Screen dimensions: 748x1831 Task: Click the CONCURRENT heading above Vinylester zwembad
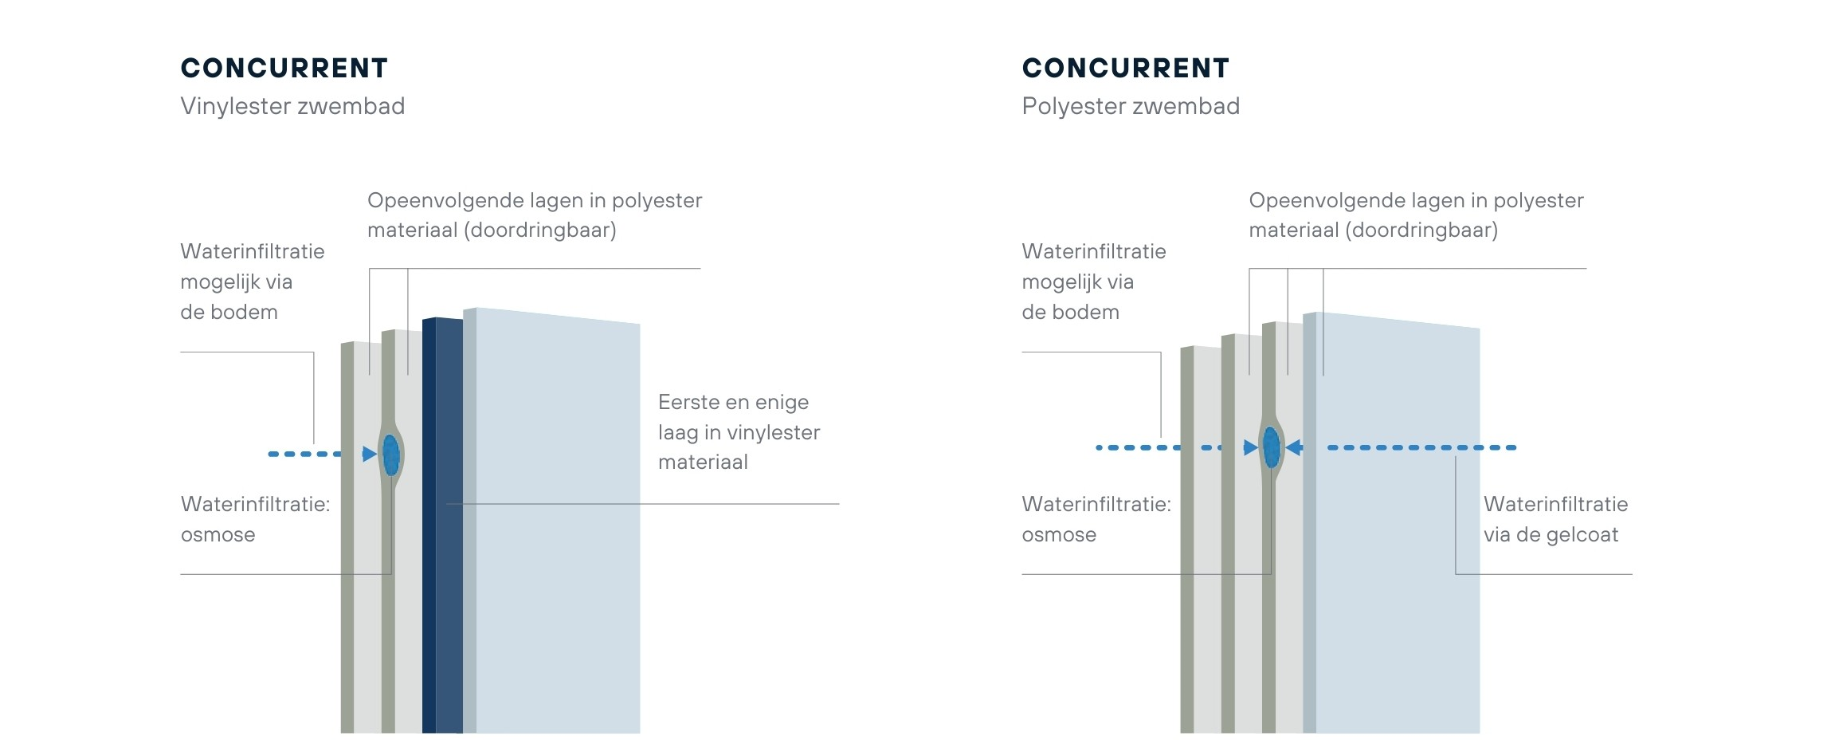[284, 69]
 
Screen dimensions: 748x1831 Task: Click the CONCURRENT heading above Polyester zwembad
[1125, 69]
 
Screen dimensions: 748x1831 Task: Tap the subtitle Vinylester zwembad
[292, 106]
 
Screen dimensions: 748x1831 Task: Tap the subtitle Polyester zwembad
[1131, 106]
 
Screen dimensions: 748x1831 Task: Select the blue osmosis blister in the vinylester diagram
[391, 455]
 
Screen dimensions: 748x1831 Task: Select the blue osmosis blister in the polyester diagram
[1272, 447]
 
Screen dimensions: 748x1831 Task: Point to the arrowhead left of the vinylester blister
[369, 455]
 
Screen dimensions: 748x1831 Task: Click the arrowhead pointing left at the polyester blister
[1295, 447]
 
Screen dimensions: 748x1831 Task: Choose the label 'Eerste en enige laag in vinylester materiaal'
[739, 432]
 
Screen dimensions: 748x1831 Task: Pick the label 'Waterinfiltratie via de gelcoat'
[1555, 519]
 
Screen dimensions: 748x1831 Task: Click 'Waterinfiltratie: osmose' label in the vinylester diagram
[255, 519]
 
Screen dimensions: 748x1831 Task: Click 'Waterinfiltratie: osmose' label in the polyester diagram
[1096, 519]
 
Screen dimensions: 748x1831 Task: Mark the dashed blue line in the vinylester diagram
[305, 455]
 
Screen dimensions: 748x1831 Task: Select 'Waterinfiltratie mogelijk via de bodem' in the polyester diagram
[1093, 281]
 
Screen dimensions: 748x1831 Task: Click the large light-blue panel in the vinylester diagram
[558, 558]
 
